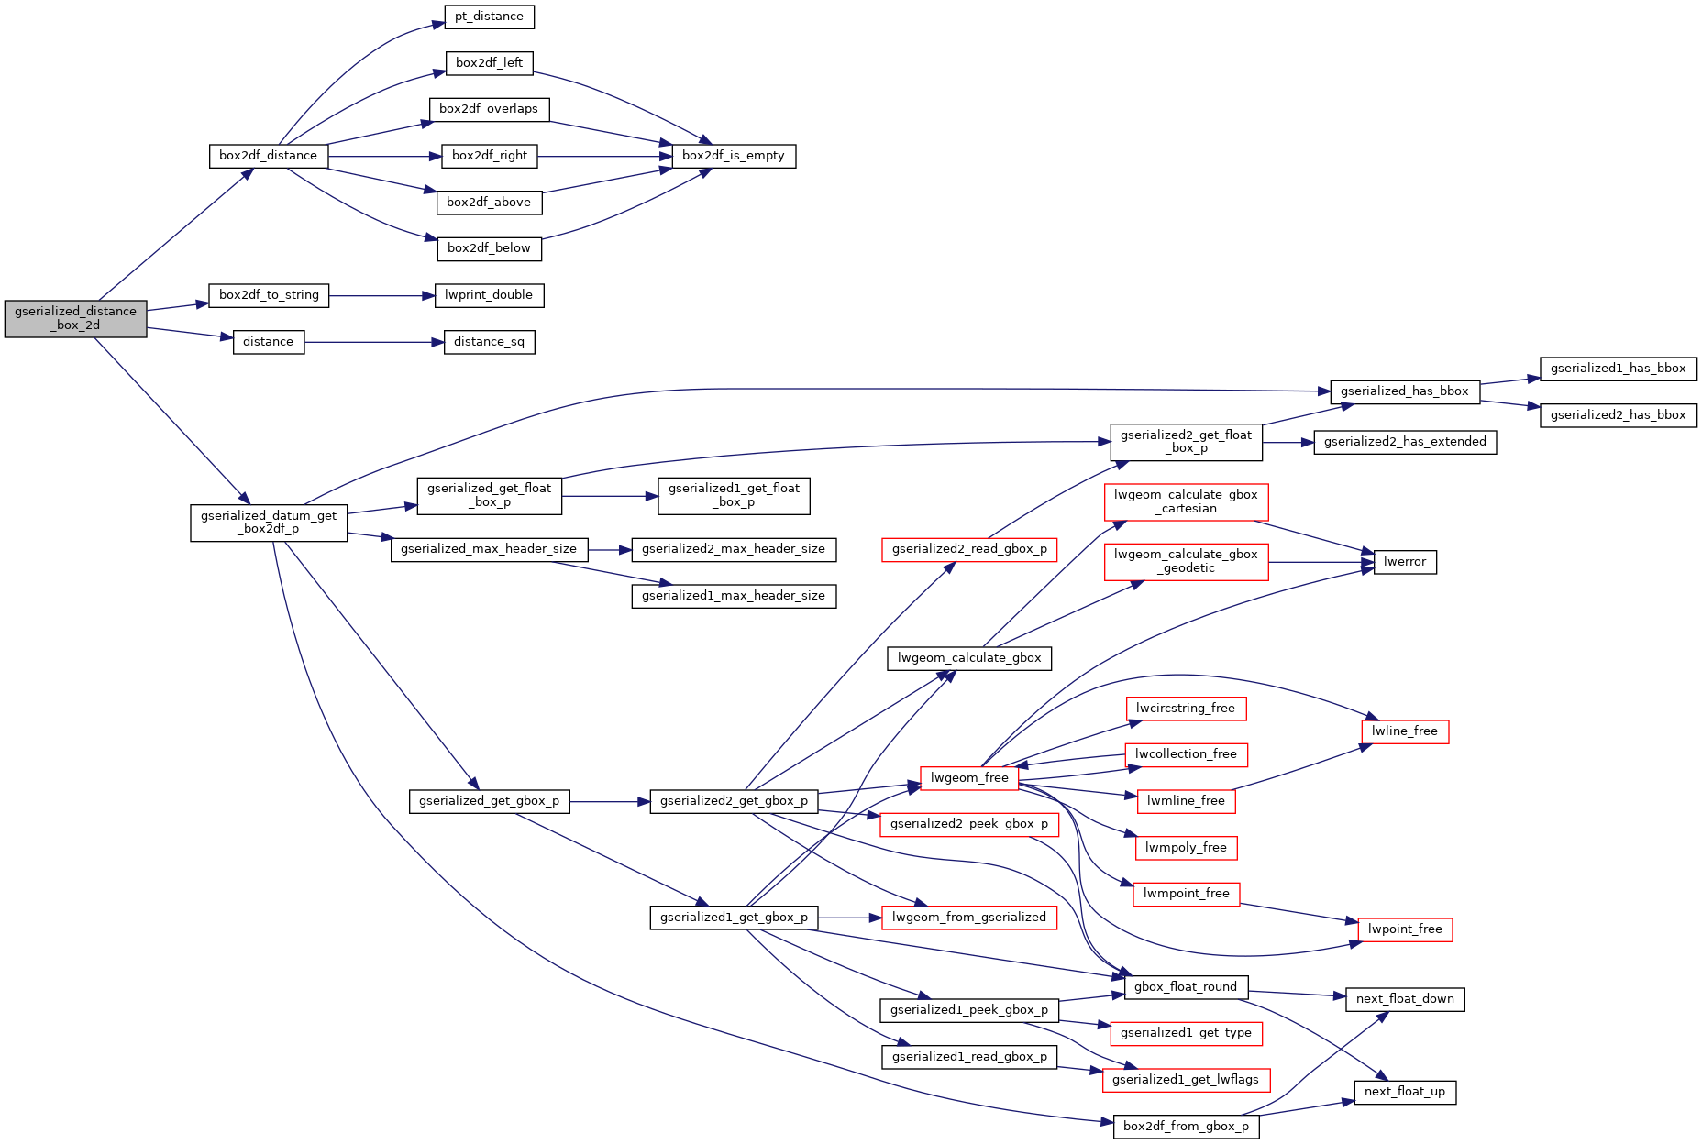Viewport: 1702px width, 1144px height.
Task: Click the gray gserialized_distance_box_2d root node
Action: [x=75, y=318]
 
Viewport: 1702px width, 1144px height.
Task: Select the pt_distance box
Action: [x=489, y=16]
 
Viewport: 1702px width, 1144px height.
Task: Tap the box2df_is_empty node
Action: [x=734, y=156]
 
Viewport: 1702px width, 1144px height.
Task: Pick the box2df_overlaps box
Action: [x=489, y=109]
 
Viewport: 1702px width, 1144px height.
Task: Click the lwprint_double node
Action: [x=489, y=295]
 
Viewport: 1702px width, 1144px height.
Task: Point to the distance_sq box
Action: [x=489, y=342]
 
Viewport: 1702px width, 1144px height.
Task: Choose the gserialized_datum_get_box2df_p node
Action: [x=269, y=522]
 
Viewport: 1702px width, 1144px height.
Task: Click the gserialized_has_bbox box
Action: [x=1404, y=391]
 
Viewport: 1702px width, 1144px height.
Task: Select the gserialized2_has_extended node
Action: [x=1405, y=442]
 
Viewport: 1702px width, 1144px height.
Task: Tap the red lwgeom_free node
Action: [x=969, y=778]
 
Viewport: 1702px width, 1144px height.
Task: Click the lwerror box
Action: [x=1405, y=562]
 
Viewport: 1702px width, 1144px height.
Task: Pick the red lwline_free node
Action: [x=1405, y=731]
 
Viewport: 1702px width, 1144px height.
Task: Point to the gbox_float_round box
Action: [x=1186, y=987]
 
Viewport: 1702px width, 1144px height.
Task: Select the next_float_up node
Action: [x=1405, y=1092]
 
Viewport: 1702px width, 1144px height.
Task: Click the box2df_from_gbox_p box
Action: [x=1186, y=1127]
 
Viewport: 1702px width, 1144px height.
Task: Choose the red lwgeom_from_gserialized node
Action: [x=969, y=918]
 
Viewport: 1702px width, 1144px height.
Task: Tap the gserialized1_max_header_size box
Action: [x=734, y=596]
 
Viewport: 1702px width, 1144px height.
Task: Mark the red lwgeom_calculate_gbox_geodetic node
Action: [x=1186, y=562]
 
